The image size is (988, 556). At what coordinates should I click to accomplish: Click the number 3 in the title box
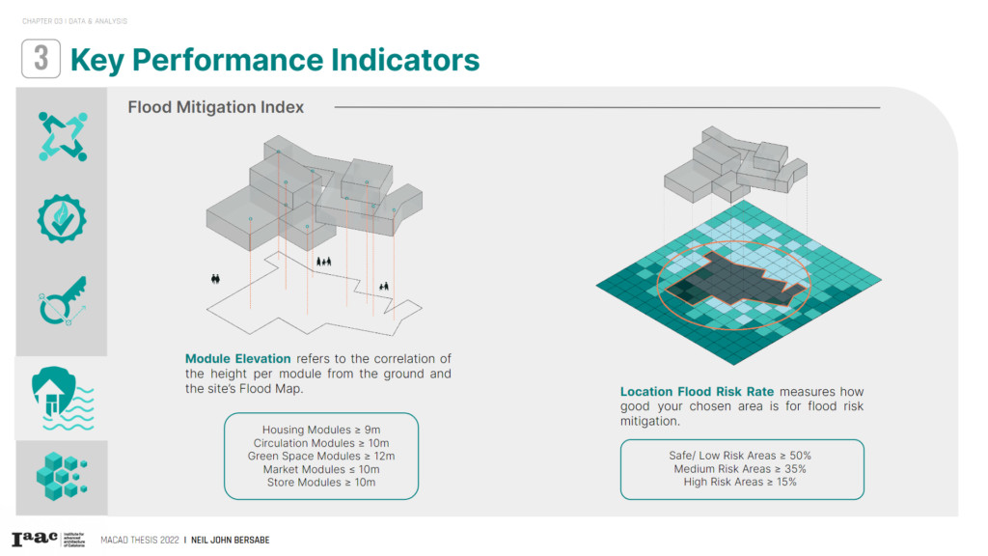[x=41, y=59]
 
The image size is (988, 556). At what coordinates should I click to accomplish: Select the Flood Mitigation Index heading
[x=215, y=107]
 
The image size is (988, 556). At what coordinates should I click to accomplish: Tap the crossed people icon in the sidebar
[x=62, y=136]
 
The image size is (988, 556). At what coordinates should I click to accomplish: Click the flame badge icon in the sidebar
[x=62, y=217]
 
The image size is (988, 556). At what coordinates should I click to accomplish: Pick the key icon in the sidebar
[x=62, y=300]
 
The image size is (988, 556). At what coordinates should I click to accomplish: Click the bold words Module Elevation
[x=237, y=359]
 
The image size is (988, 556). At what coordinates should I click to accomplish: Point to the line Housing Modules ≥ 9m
[x=321, y=430]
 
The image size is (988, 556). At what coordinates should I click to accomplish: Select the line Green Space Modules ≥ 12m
[x=321, y=456]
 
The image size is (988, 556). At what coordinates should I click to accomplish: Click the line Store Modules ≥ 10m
[x=321, y=482]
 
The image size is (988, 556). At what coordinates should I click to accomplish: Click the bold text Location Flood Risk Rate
[x=697, y=392]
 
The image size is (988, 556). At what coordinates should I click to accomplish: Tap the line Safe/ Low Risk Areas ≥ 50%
[x=741, y=456]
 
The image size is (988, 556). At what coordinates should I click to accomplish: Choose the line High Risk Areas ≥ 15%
[x=741, y=482]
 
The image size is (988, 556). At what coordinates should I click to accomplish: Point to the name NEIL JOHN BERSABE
[x=230, y=541]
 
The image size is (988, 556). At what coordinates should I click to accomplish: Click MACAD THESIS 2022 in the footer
[x=139, y=541]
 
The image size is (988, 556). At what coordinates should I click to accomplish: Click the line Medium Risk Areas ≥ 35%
[x=741, y=469]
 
